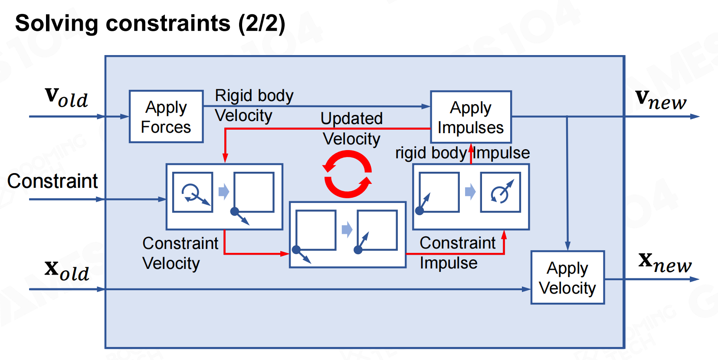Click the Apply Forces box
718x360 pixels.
(x=166, y=117)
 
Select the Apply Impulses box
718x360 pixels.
(x=471, y=117)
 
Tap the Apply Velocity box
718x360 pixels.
(x=567, y=278)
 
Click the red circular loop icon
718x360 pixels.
(x=347, y=174)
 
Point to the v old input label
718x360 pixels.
(x=66, y=98)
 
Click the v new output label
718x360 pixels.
(x=661, y=100)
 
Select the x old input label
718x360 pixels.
(x=67, y=270)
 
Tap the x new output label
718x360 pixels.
(x=665, y=262)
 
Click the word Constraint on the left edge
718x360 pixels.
(x=52, y=181)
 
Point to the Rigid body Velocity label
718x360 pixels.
(x=254, y=105)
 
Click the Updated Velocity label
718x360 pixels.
(x=351, y=128)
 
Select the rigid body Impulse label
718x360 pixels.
(x=462, y=153)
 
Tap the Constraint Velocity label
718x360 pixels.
(x=180, y=253)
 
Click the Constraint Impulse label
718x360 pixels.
(x=457, y=253)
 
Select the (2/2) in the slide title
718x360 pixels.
(x=262, y=23)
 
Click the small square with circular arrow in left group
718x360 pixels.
(x=193, y=192)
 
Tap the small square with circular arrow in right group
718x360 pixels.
(x=500, y=192)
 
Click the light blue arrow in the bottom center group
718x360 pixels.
(x=347, y=229)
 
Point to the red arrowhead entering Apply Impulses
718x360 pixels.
(x=471, y=147)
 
